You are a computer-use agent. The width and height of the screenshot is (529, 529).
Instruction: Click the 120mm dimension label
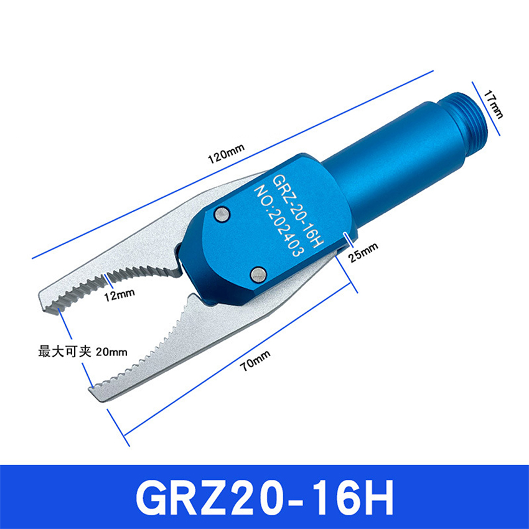click(226, 154)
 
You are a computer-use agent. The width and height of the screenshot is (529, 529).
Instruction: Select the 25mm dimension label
click(363, 251)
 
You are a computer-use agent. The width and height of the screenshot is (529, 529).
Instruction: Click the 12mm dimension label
click(119, 295)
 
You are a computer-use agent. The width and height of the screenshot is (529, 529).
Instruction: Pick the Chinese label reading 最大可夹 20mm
click(83, 352)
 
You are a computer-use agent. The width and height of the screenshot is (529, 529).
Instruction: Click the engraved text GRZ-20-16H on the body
click(298, 211)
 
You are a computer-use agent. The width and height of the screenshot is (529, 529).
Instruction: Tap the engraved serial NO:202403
click(279, 222)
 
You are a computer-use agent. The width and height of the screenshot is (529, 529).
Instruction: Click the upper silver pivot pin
click(222, 214)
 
